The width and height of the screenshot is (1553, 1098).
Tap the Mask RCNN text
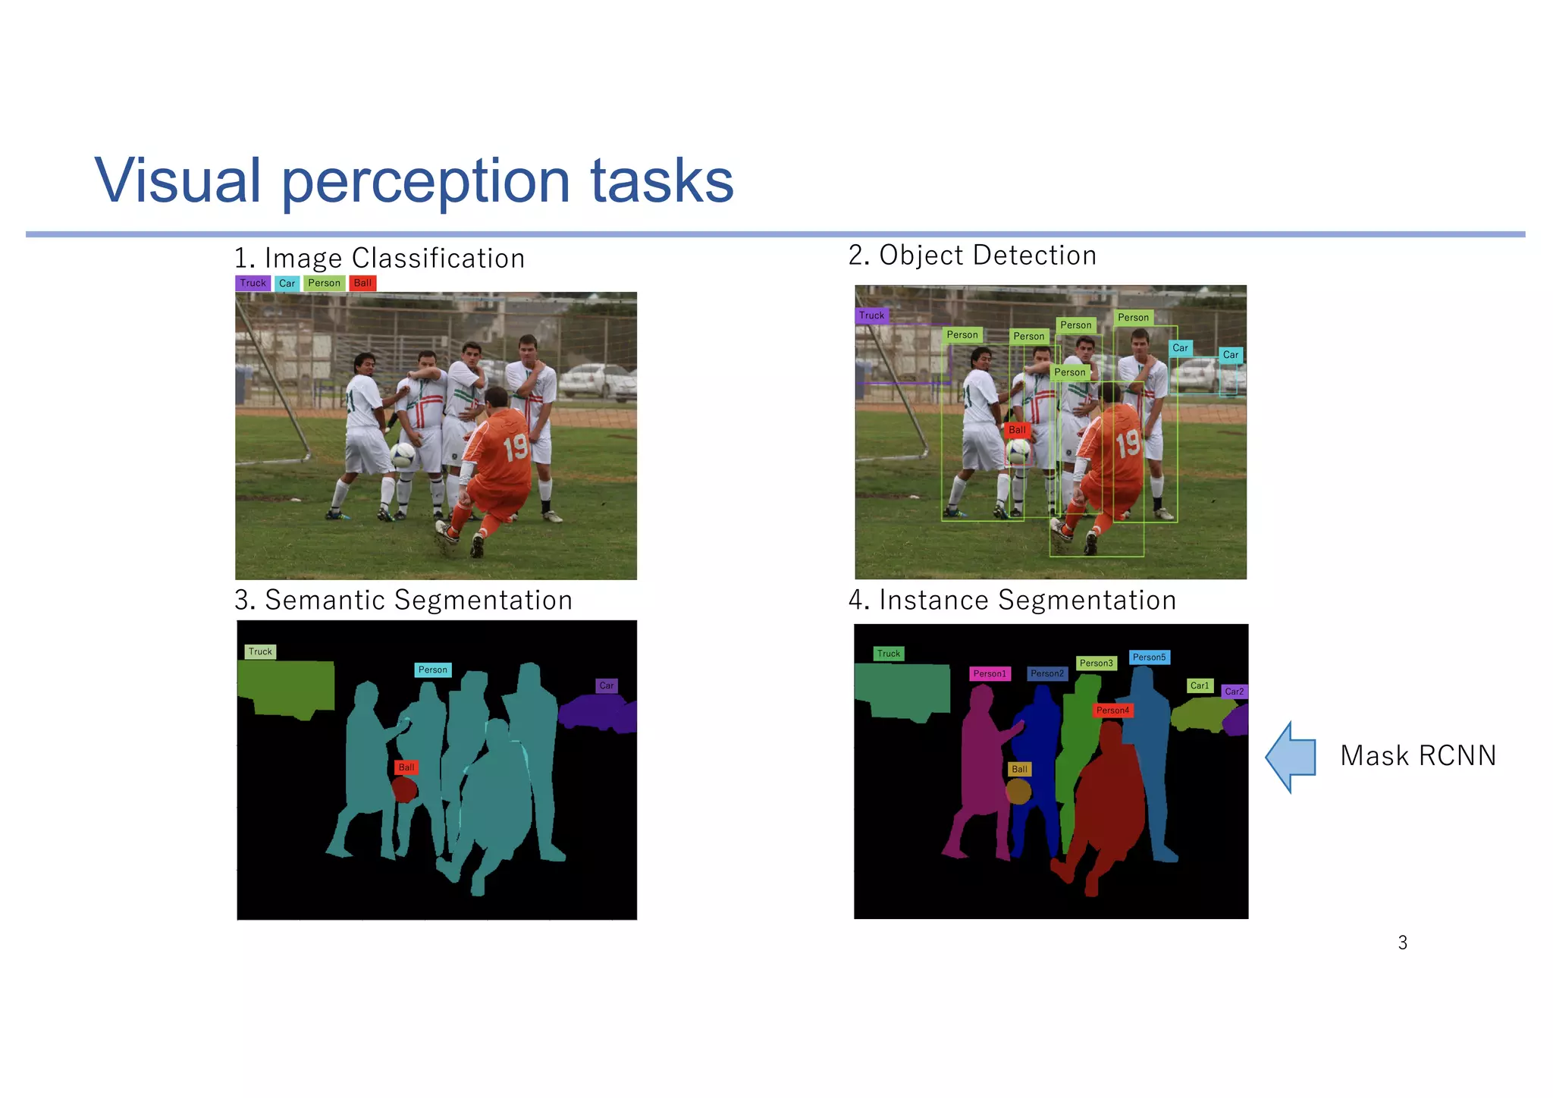pos(1418,756)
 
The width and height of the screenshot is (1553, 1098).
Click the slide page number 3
pos(1402,943)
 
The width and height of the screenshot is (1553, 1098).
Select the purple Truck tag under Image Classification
pos(253,283)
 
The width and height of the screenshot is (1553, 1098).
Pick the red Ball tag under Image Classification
pos(362,283)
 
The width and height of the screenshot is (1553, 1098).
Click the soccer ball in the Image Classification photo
pos(402,454)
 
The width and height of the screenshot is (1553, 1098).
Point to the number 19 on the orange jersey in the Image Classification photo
pos(516,447)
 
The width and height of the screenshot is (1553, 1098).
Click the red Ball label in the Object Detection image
pos(1017,430)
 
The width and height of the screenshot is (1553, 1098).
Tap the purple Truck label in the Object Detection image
pos(871,315)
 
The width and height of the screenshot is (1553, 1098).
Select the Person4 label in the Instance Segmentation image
pos(1112,711)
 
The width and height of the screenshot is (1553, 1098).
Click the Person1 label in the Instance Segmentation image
pos(990,673)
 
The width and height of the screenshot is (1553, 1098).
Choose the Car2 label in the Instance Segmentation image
pos(1234,692)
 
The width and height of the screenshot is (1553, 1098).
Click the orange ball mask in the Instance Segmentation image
pos(1018,792)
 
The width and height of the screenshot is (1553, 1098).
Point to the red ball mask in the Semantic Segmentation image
pos(405,790)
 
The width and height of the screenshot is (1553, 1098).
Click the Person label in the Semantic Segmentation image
pos(433,670)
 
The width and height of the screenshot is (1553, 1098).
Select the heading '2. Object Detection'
pos(972,256)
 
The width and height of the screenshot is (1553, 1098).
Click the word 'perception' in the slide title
pos(425,181)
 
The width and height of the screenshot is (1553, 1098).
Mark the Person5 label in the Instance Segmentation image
pos(1149,657)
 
